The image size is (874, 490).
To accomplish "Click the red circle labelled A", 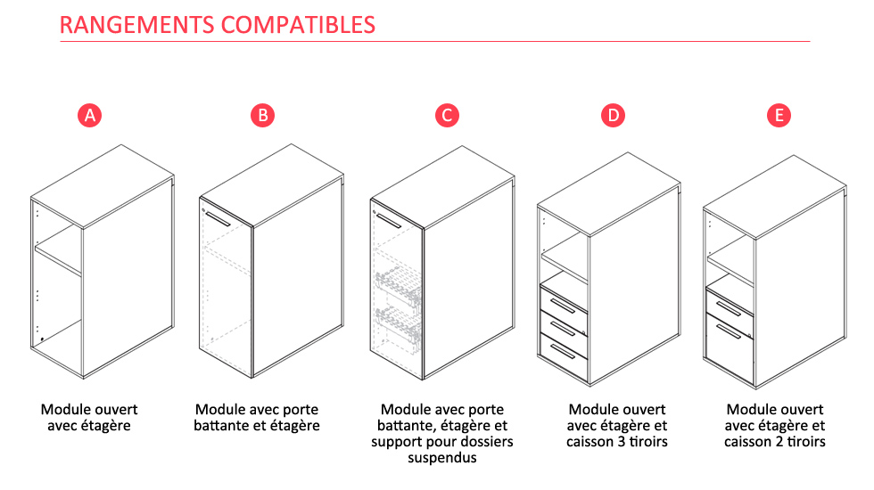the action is (90, 115).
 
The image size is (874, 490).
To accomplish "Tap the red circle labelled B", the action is (262, 115).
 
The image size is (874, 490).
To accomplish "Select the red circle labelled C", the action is (447, 115).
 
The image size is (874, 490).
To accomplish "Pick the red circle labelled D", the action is (614, 115).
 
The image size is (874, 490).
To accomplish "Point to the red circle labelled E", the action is (779, 115).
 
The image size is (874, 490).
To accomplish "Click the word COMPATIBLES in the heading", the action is (298, 25).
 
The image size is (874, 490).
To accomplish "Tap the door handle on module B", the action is (218, 219).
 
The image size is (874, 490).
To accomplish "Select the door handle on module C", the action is (388, 220).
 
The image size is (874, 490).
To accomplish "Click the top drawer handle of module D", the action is (564, 306).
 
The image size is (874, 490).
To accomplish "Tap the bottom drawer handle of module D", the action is (564, 352).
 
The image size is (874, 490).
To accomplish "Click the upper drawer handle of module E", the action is (730, 308).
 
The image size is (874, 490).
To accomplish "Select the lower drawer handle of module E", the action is (730, 331).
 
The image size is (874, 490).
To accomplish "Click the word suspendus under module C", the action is (442, 458).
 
